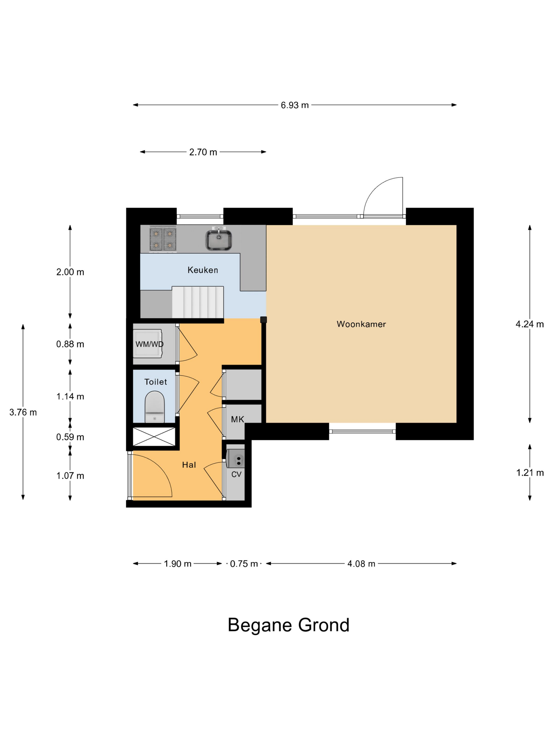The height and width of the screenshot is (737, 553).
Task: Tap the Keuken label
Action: [203, 270]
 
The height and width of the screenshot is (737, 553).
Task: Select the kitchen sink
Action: [218, 239]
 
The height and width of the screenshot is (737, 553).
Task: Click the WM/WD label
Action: [149, 344]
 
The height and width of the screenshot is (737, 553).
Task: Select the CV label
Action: [236, 474]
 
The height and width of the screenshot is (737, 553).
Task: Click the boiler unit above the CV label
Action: [235, 459]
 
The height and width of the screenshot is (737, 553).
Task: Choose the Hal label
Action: [189, 465]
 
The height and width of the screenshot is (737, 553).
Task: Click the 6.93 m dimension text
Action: [295, 105]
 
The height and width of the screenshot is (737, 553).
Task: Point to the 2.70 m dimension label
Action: [203, 152]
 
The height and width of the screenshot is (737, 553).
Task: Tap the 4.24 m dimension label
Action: [530, 324]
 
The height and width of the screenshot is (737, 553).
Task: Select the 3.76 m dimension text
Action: [23, 412]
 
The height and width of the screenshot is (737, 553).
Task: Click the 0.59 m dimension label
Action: [70, 437]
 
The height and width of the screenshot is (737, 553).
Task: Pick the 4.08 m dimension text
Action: [361, 564]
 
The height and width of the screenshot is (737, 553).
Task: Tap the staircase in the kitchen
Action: [198, 302]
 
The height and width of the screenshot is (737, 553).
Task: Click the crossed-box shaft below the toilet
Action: [154, 436]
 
